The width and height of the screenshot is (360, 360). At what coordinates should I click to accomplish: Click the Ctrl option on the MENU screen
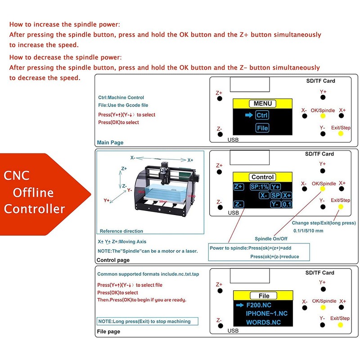(x=262, y=115)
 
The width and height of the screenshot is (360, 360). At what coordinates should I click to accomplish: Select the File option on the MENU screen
(x=262, y=128)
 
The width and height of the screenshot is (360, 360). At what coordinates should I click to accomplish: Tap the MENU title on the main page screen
(x=262, y=103)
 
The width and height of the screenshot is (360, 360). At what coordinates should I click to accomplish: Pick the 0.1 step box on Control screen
(x=287, y=204)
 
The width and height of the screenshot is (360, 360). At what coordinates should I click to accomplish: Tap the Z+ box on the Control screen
(x=238, y=187)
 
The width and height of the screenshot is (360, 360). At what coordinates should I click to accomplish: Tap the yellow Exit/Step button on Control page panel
(x=340, y=207)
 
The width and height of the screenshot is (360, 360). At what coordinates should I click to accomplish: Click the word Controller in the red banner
(x=35, y=209)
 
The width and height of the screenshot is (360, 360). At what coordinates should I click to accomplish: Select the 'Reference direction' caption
(x=121, y=231)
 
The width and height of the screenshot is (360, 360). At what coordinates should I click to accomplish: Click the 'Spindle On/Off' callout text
(x=271, y=238)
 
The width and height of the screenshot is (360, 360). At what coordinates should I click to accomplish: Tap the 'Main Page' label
(x=110, y=143)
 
